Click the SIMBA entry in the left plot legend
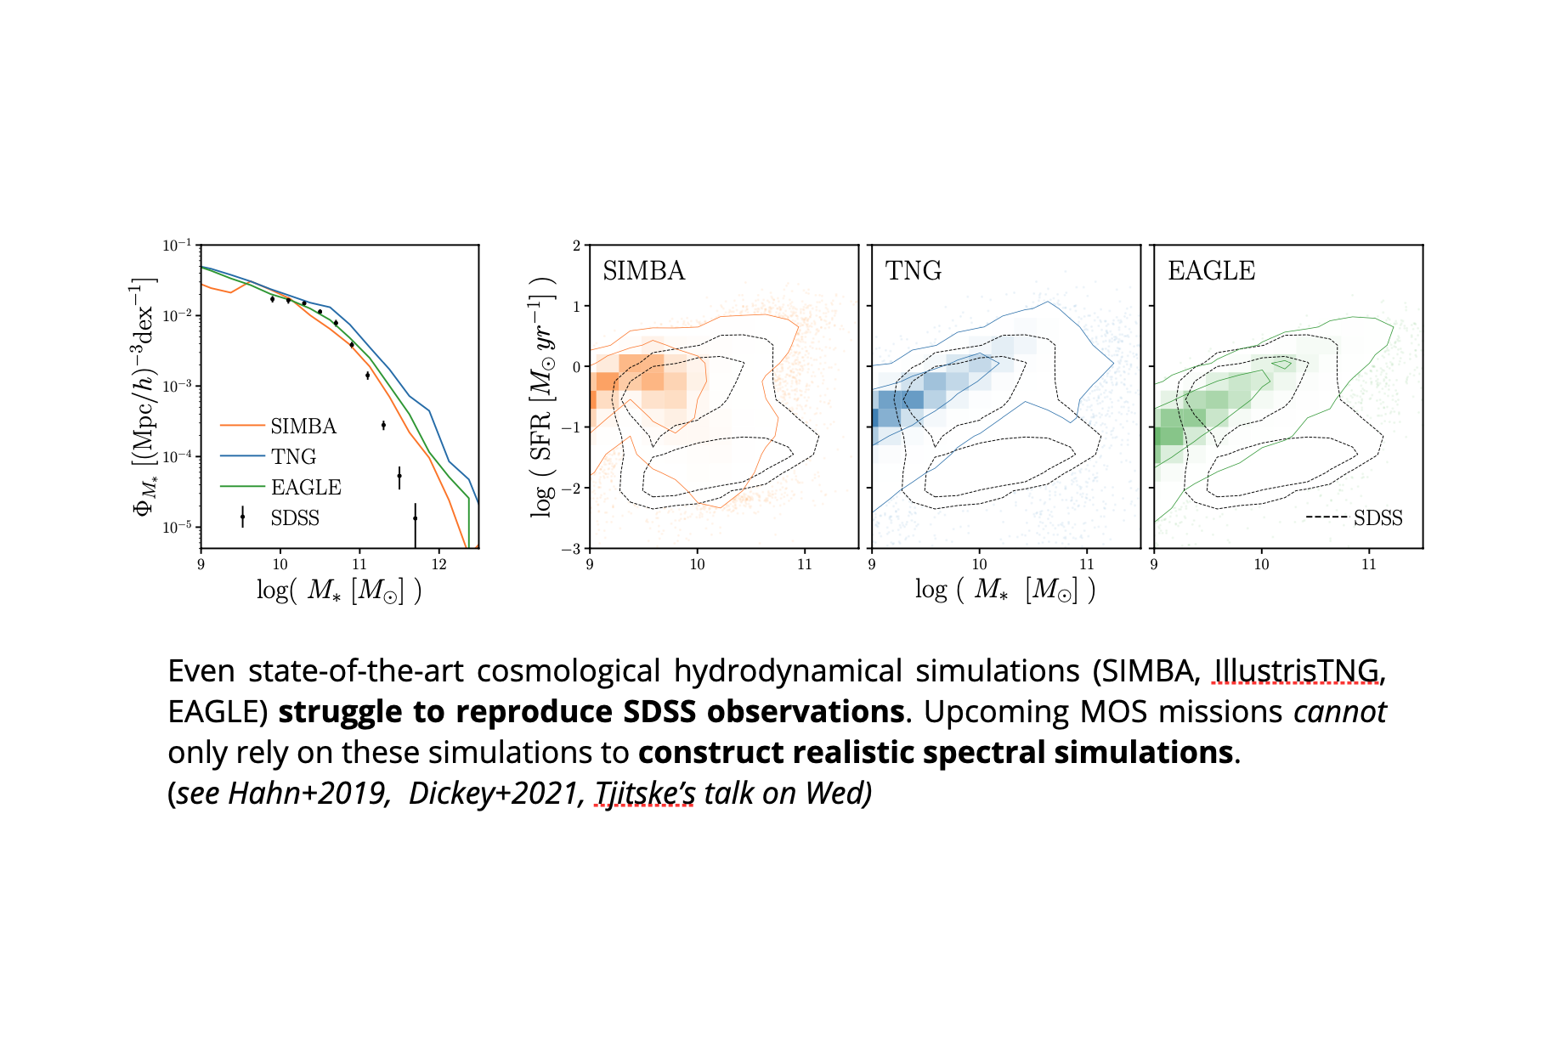(x=303, y=426)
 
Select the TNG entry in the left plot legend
(x=293, y=456)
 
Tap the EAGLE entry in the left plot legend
(x=305, y=487)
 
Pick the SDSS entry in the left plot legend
(x=294, y=517)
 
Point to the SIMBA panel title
(x=643, y=270)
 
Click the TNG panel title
(x=913, y=270)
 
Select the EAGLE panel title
(x=1211, y=270)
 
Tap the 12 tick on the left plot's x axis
(x=438, y=564)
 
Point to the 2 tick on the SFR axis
(x=576, y=246)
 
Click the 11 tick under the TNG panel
(x=1086, y=564)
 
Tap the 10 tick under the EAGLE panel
(x=1261, y=564)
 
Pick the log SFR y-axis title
(x=541, y=396)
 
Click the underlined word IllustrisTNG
(x=1296, y=671)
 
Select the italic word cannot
(x=1339, y=712)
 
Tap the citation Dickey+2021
(x=491, y=794)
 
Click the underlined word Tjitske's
(x=644, y=794)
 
